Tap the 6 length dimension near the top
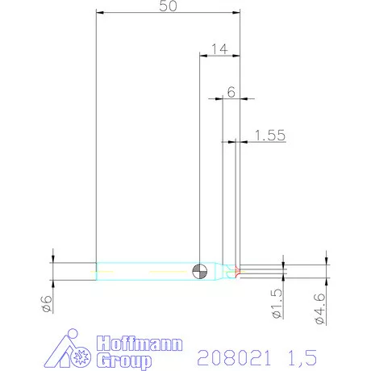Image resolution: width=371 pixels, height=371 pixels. (231, 92)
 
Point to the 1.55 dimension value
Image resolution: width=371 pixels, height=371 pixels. (269, 135)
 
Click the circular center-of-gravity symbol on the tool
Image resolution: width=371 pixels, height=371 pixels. (199, 270)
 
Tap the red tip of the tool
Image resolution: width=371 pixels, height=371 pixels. (236, 270)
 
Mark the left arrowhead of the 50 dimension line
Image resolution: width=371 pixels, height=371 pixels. (98, 13)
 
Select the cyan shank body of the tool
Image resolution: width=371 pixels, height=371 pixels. (145, 270)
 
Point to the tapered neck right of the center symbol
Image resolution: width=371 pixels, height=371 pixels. (220, 270)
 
